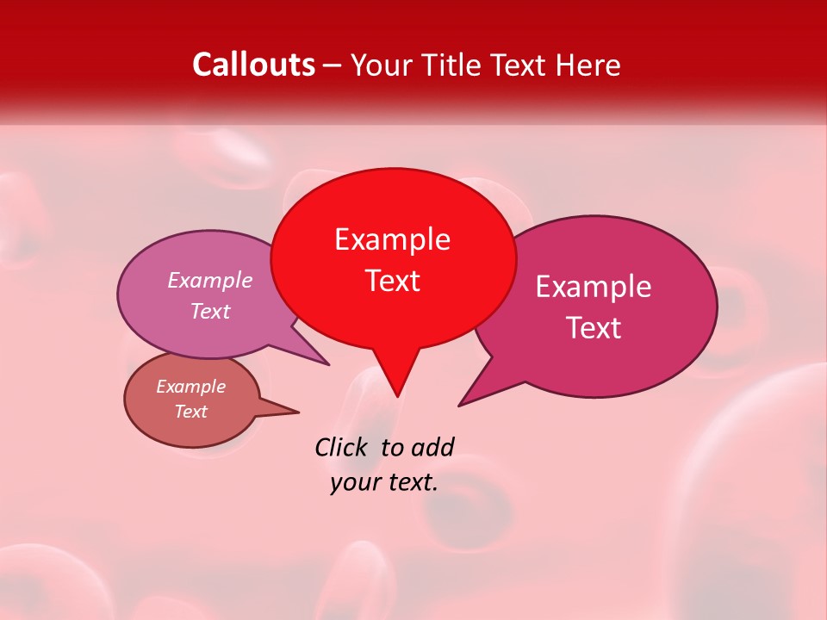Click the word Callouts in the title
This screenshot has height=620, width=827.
253,65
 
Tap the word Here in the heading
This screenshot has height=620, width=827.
587,65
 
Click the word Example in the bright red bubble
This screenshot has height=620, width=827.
392,239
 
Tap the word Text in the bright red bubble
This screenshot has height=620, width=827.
392,281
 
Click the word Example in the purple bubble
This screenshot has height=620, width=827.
209,281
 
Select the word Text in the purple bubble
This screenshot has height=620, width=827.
209,312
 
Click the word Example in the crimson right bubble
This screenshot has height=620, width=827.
593,287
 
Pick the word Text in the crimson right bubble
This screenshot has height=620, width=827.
593,328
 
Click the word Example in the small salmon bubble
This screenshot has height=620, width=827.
190,387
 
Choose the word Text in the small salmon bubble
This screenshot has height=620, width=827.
190,412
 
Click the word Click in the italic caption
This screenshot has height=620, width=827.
341,447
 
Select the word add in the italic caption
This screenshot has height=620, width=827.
432,447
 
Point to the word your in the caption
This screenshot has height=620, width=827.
351,482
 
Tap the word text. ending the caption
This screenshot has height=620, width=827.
408,482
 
